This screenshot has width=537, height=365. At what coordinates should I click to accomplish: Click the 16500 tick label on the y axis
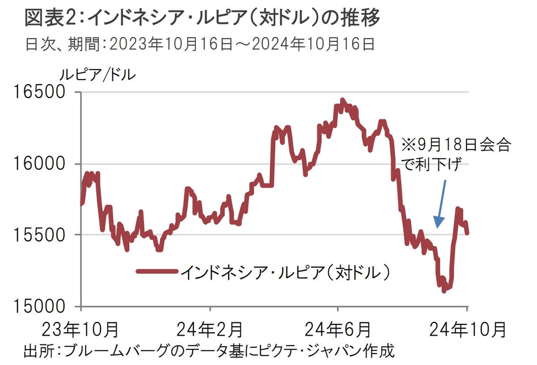click(x=39, y=92)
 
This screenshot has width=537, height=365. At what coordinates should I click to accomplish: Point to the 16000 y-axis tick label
click(x=39, y=164)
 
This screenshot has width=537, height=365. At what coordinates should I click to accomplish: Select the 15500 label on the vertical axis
click(x=39, y=235)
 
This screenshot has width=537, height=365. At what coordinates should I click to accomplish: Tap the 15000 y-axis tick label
click(x=39, y=306)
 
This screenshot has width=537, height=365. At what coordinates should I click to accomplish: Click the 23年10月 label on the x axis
click(x=81, y=330)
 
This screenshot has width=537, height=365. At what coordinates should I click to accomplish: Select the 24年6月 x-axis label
click(x=337, y=330)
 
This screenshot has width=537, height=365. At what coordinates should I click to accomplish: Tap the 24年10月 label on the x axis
click(x=467, y=330)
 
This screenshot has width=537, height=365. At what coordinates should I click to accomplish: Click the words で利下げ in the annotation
click(x=431, y=166)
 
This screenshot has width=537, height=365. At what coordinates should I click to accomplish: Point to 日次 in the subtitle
click(x=37, y=44)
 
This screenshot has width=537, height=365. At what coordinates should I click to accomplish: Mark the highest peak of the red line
click(x=342, y=100)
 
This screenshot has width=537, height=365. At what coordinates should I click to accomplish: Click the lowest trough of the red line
click(x=443, y=291)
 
